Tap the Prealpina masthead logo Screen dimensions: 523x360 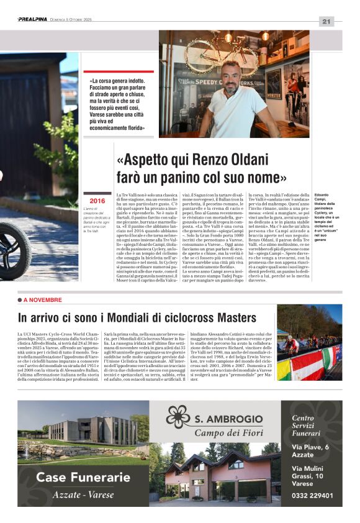click(33, 19)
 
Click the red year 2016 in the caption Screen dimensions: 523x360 click(97, 201)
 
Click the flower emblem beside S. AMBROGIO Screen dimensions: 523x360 click(178, 418)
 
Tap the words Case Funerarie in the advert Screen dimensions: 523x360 click(83, 477)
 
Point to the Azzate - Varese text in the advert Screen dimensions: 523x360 click(83, 494)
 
